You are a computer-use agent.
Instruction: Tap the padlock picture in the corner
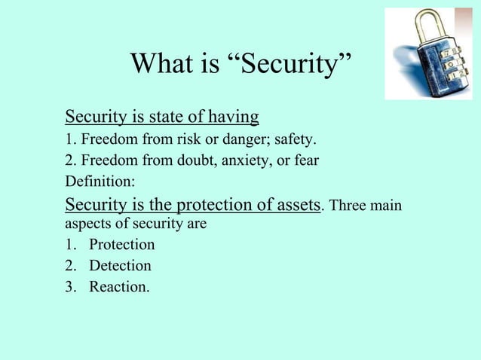coord(427,53)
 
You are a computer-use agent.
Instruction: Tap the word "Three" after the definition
coord(348,206)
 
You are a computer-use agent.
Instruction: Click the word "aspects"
coord(87,224)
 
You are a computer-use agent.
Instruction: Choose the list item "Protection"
coord(121,245)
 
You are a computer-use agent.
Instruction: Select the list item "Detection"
coord(120,266)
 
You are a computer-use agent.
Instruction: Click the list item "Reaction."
coord(119,287)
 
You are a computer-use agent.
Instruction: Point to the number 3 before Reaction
coord(69,287)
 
